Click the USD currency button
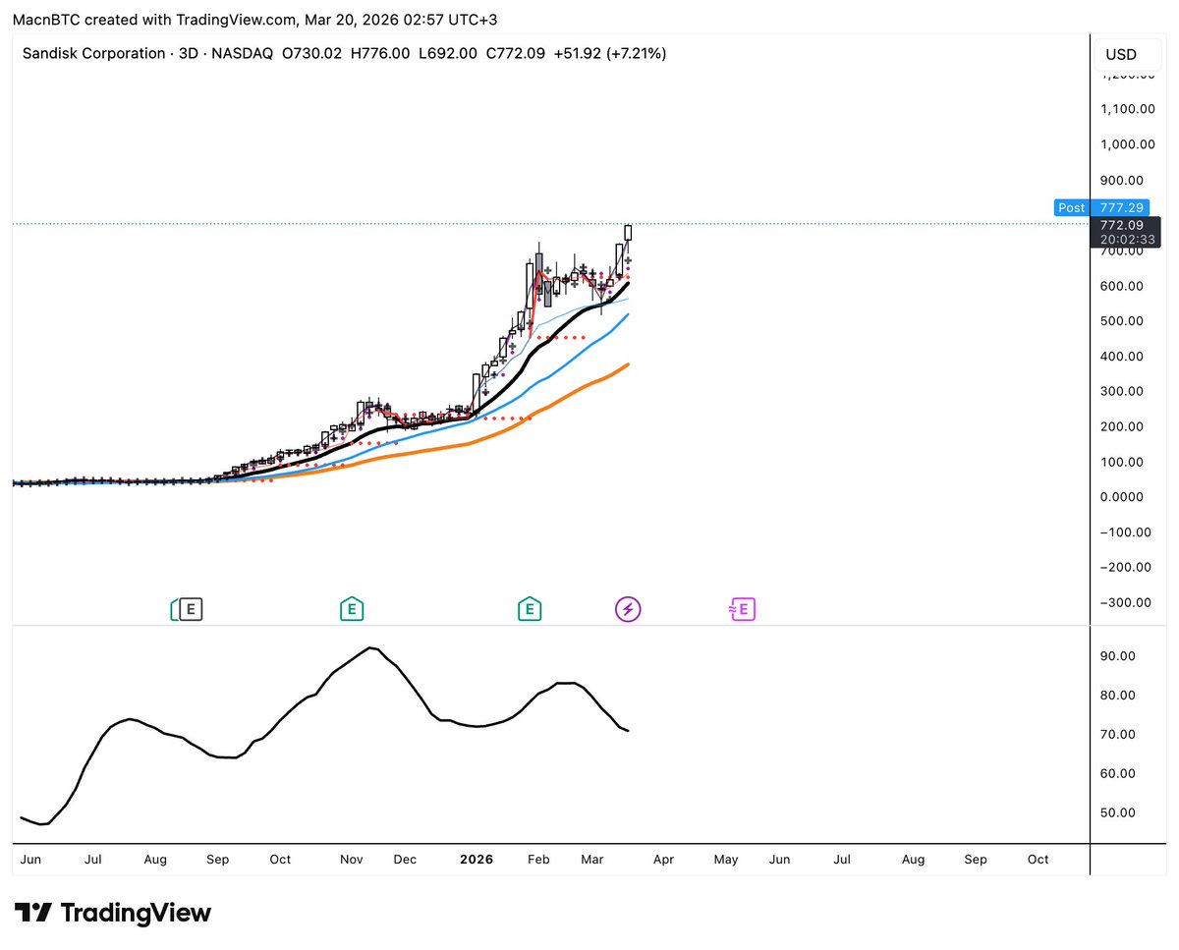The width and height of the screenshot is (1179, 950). point(1121,54)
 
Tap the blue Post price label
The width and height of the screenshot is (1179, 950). point(1071,208)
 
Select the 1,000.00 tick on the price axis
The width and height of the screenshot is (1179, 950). point(1128,144)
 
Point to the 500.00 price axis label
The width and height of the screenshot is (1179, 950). point(1128,321)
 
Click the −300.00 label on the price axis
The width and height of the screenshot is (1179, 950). point(1125,602)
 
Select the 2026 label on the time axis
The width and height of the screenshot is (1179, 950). point(477,860)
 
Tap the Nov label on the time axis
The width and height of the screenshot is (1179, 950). point(352,860)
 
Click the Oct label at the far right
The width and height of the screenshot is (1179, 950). point(1038,860)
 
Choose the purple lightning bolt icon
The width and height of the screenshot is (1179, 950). point(628,610)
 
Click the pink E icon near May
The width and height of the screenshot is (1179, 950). point(742,610)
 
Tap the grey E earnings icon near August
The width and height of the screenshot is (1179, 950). point(190,610)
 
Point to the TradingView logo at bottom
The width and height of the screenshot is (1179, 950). point(112,913)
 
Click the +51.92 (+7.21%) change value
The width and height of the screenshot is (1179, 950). point(610,53)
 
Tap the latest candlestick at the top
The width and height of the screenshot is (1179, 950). point(628,232)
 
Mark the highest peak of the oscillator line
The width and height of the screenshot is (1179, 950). point(370,647)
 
